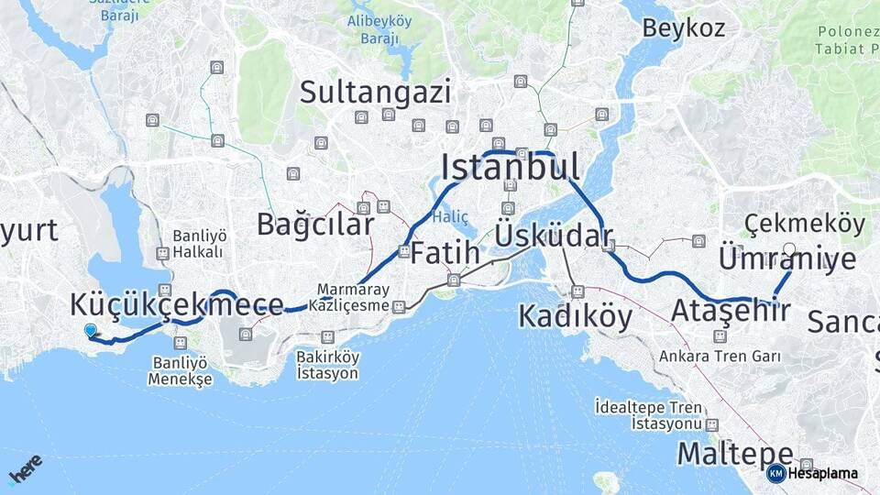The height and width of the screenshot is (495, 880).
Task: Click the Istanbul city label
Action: pyautogui.click(x=510, y=168)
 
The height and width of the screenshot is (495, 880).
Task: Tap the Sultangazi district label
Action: pyautogui.click(x=375, y=92)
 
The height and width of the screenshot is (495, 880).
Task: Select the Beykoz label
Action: pyautogui.click(x=683, y=27)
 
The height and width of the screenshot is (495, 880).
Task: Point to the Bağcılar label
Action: pyautogui.click(x=314, y=224)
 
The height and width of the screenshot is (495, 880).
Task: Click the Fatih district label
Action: pyautogui.click(x=444, y=252)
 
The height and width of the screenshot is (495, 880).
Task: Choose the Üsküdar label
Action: pyautogui.click(x=553, y=235)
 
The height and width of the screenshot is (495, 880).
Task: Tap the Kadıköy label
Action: pyautogui.click(x=575, y=316)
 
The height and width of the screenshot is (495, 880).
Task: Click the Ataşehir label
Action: pyautogui.click(x=731, y=310)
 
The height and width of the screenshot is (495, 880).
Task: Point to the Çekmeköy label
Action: pyautogui.click(x=804, y=223)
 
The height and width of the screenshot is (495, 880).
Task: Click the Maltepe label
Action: pyautogui.click(x=734, y=453)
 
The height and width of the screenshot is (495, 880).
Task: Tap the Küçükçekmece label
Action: pyautogui.click(x=176, y=305)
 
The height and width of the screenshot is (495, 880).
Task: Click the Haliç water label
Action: pyautogui.click(x=451, y=217)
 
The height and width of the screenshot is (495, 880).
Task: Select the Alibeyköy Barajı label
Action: pyautogui.click(x=379, y=29)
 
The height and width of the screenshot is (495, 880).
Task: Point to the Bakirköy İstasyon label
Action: pyautogui.click(x=327, y=365)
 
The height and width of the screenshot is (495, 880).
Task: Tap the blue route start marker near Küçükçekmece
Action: pyautogui.click(x=90, y=331)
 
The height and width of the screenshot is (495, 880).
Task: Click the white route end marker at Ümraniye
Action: pyautogui.click(x=789, y=248)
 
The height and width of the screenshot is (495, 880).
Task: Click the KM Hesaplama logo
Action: pyautogui.click(x=812, y=474)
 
